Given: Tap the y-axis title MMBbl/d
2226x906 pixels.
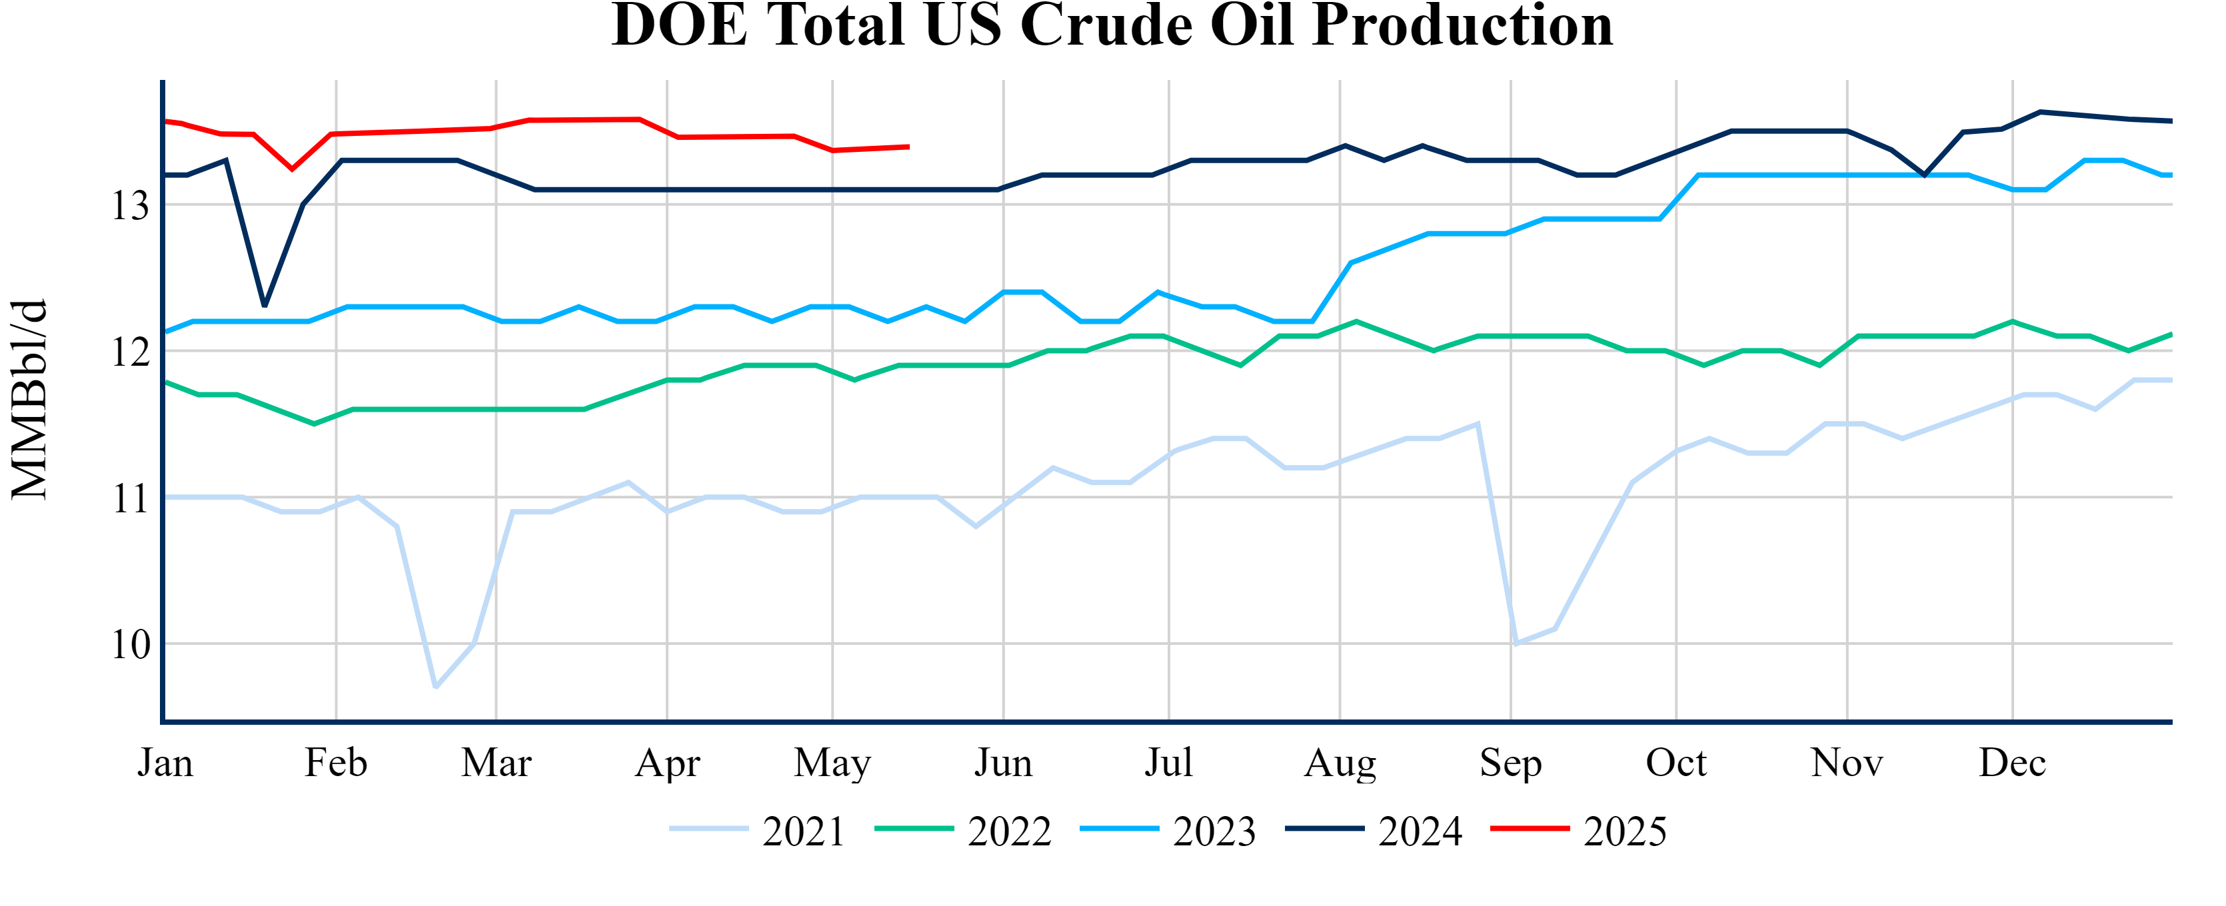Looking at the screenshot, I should click(x=29, y=399).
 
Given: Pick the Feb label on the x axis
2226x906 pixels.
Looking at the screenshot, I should click(x=335, y=763).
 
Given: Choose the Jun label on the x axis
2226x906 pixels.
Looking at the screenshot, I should click(x=1003, y=763).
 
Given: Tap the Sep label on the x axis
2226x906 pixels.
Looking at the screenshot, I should click(x=1510, y=763).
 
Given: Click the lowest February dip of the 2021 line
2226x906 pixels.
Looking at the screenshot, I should click(x=435, y=687).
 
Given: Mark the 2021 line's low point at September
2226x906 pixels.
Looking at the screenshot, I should click(x=1516, y=644).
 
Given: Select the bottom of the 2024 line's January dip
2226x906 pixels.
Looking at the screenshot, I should click(x=265, y=306).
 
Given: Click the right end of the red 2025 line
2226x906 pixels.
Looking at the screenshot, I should click(x=908, y=147).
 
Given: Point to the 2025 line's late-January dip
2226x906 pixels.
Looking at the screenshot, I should click(x=292, y=169).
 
